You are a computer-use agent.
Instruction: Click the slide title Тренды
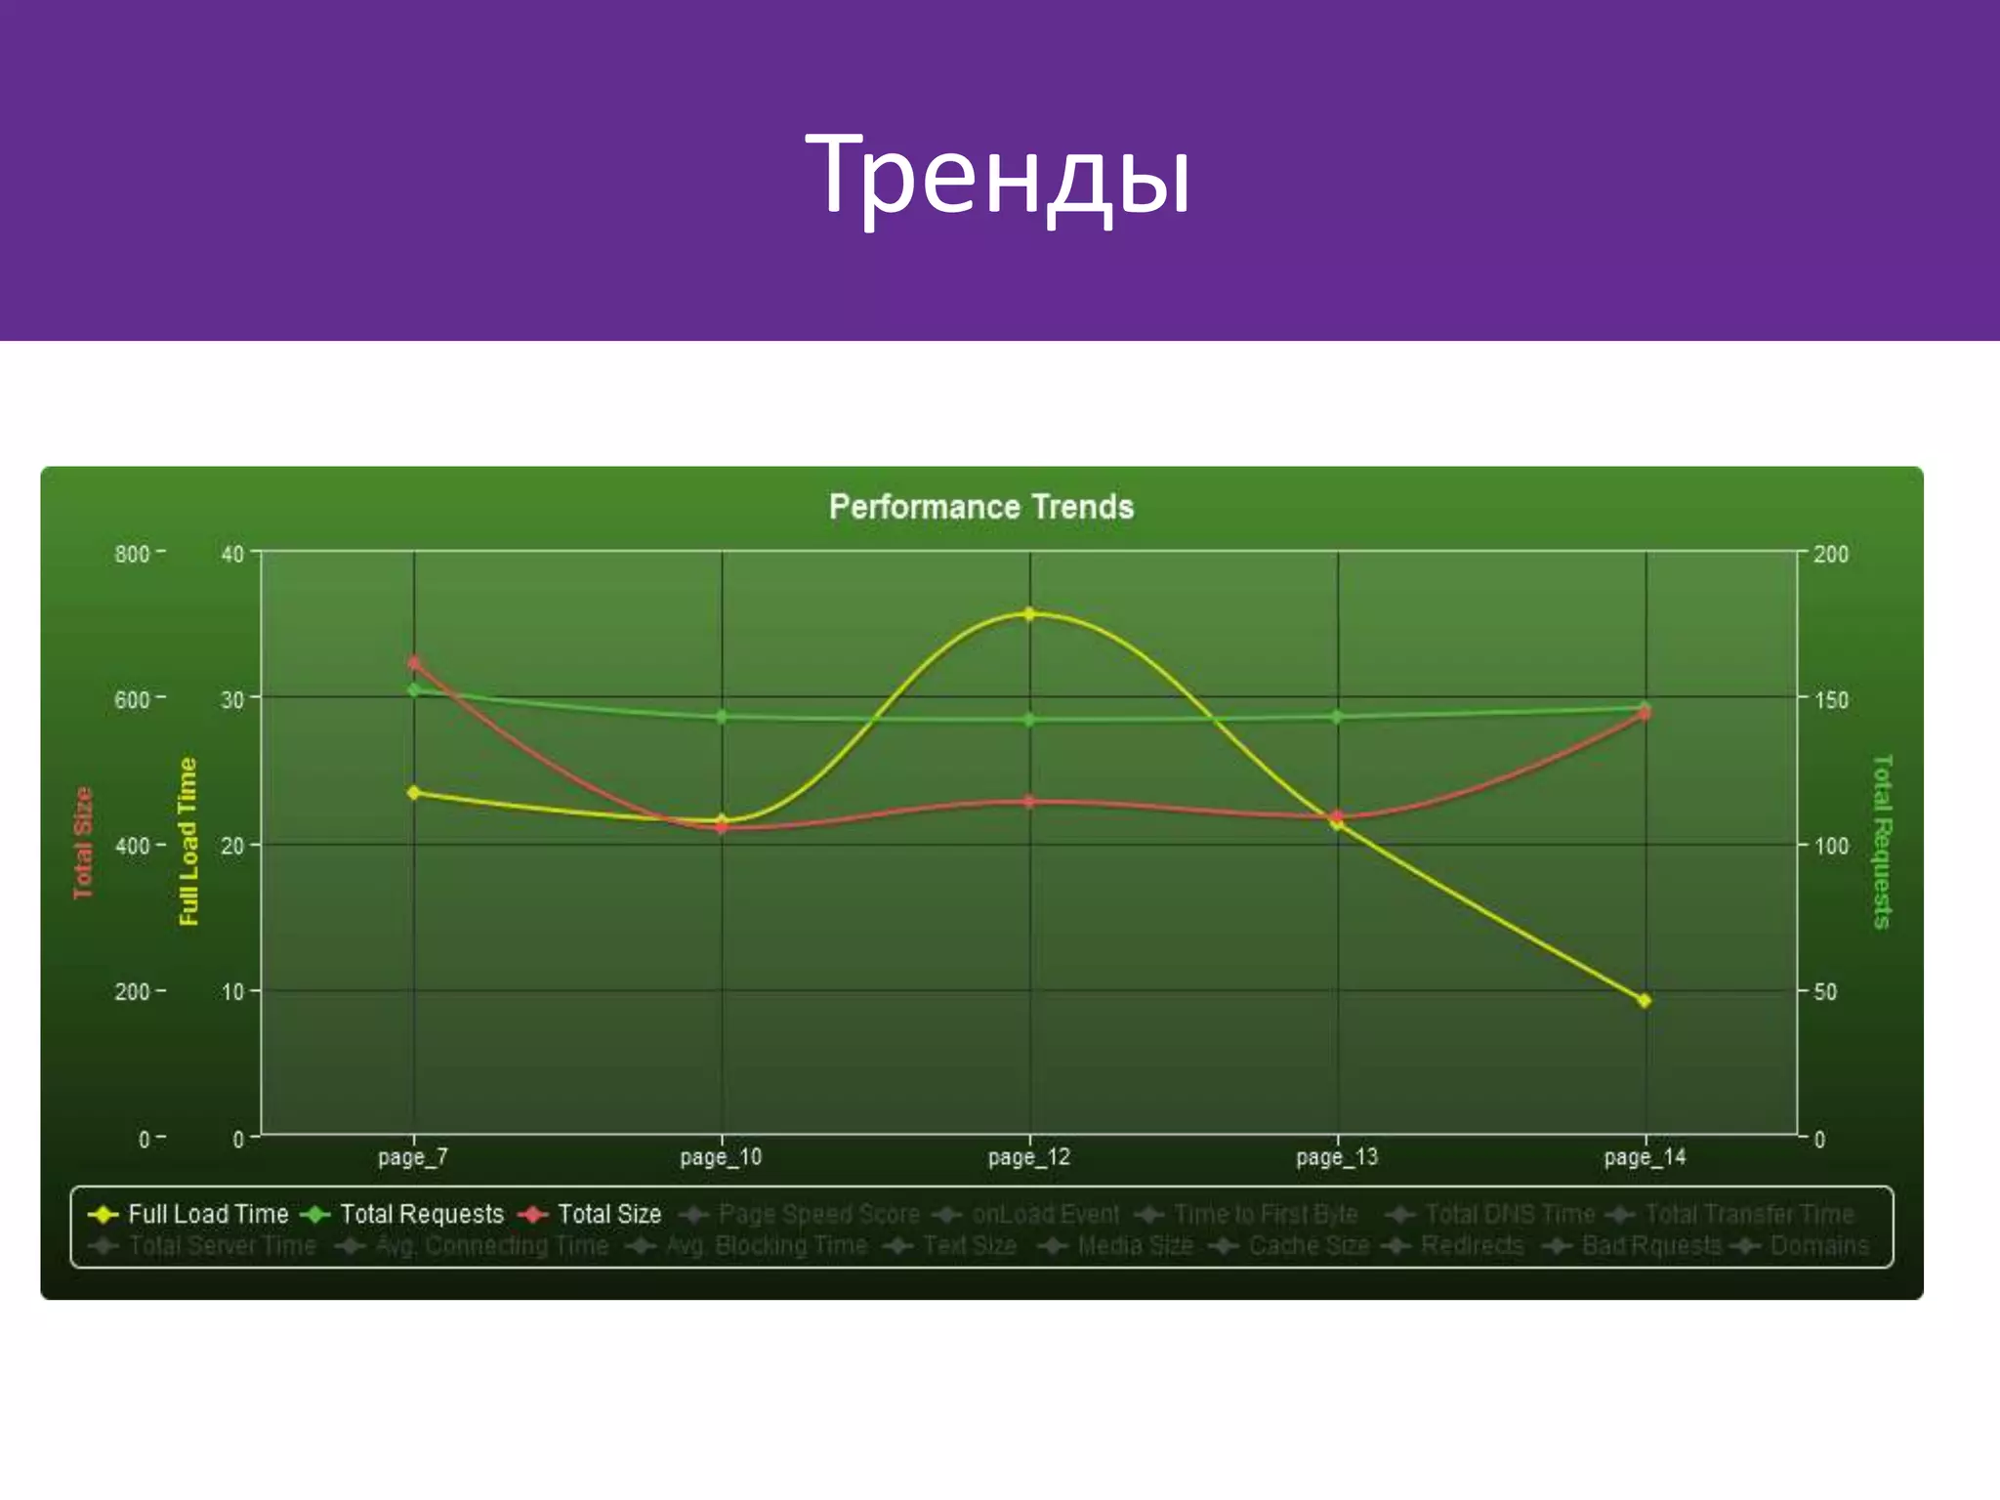click(x=997, y=176)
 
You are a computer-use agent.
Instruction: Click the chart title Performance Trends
click(x=980, y=507)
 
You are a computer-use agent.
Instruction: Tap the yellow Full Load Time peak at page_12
click(x=1029, y=614)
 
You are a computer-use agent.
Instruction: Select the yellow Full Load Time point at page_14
click(x=1645, y=1000)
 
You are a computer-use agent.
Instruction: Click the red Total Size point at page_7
click(x=414, y=663)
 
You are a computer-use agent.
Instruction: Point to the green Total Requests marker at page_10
click(x=722, y=717)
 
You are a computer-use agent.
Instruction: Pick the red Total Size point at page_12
click(x=1029, y=802)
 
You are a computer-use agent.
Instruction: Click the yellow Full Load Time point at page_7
click(x=414, y=792)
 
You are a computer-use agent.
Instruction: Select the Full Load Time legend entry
click(x=189, y=1214)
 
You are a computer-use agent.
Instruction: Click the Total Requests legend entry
click(x=402, y=1214)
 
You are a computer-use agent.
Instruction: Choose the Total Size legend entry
click(x=591, y=1214)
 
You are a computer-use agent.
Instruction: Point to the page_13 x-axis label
click(x=1337, y=1157)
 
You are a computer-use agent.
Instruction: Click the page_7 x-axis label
click(x=413, y=1157)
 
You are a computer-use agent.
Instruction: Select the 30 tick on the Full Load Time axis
click(x=232, y=699)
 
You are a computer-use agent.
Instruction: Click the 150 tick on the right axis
click(x=1831, y=699)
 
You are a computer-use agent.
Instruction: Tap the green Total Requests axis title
click(x=1882, y=841)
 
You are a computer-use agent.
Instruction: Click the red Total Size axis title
click(x=83, y=842)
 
